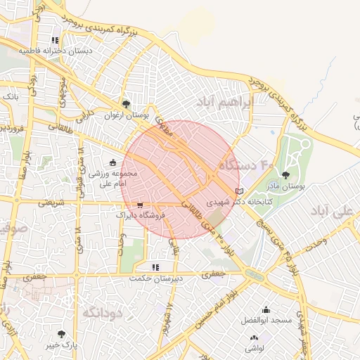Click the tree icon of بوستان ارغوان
point(127,104)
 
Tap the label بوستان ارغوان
point(126,115)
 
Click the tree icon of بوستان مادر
point(285,175)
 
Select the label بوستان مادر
point(286,186)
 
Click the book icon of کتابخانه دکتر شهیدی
point(240,191)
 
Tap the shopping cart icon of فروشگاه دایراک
point(141,205)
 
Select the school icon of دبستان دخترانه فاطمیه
point(55,40)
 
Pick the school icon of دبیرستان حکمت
point(155,267)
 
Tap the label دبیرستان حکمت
point(155,278)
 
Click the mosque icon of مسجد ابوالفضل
point(266,309)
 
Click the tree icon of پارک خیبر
point(62,334)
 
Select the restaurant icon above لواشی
point(254,337)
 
